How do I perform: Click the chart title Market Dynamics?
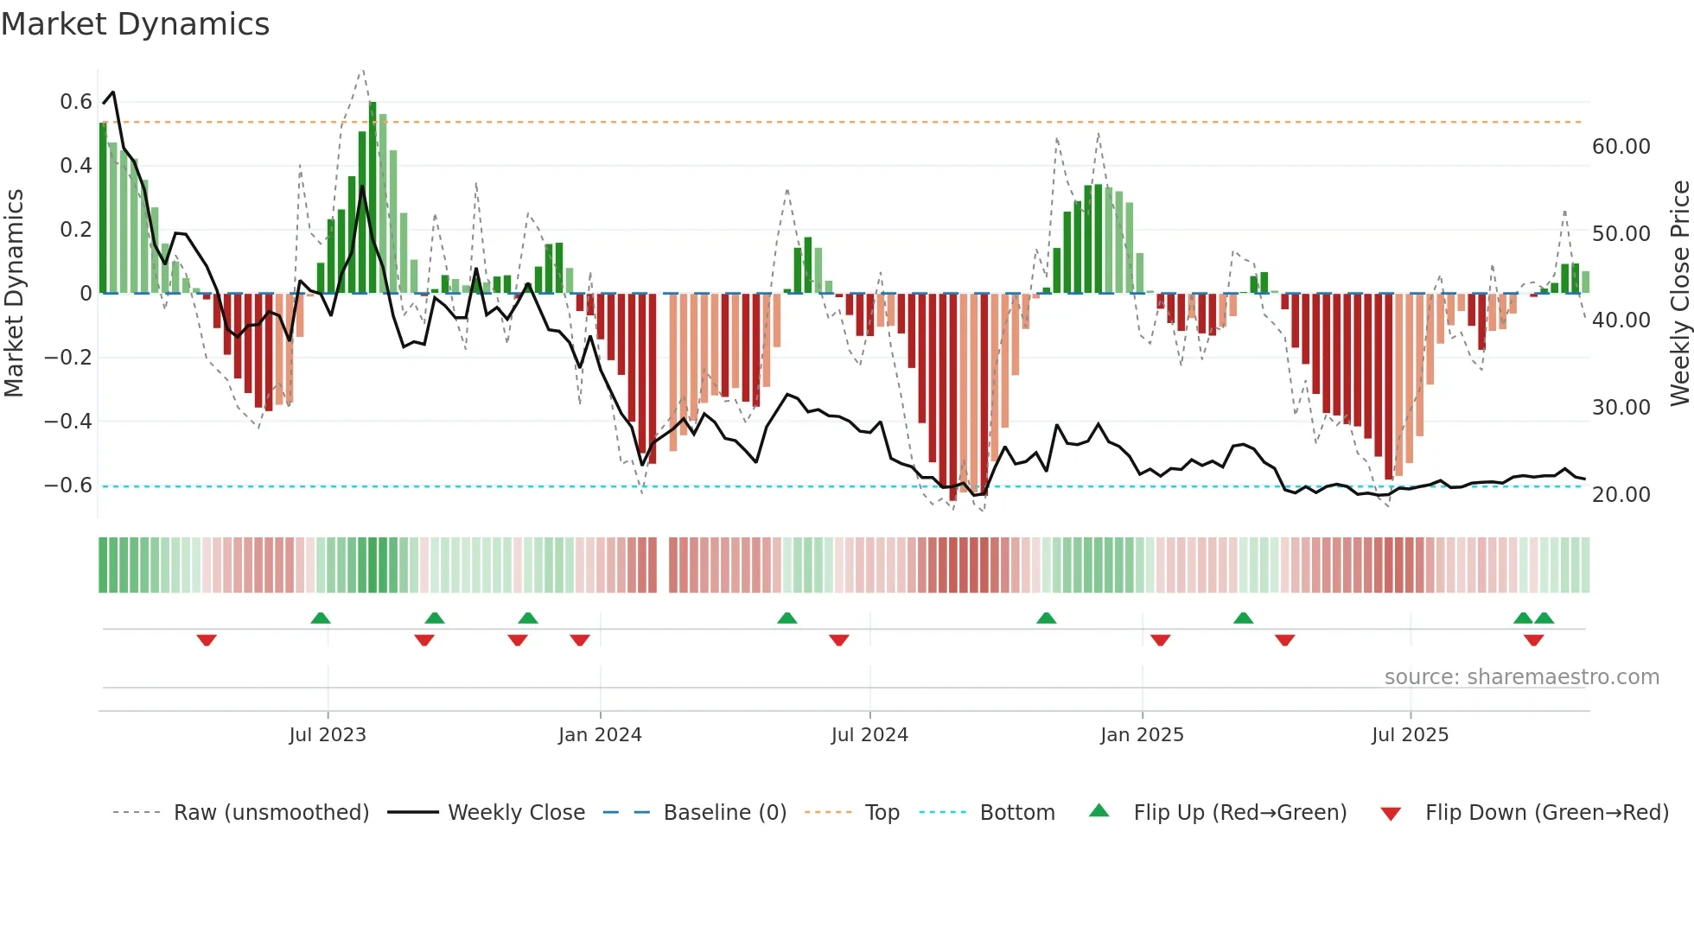click(x=135, y=24)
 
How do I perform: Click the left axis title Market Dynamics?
click(x=14, y=293)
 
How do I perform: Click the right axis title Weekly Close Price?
click(x=1679, y=293)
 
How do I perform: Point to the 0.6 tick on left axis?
click(x=76, y=102)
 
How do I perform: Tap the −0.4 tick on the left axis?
click(x=68, y=422)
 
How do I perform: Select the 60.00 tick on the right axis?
click(x=1621, y=147)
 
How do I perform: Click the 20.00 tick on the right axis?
click(x=1621, y=495)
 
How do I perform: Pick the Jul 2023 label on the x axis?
click(x=328, y=735)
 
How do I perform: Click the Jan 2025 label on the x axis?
click(x=1142, y=735)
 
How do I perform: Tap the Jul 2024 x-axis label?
click(x=869, y=735)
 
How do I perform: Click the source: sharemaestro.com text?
click(x=1521, y=677)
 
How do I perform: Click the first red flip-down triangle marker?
click(x=207, y=640)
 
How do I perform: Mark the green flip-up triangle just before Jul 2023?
click(x=321, y=618)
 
